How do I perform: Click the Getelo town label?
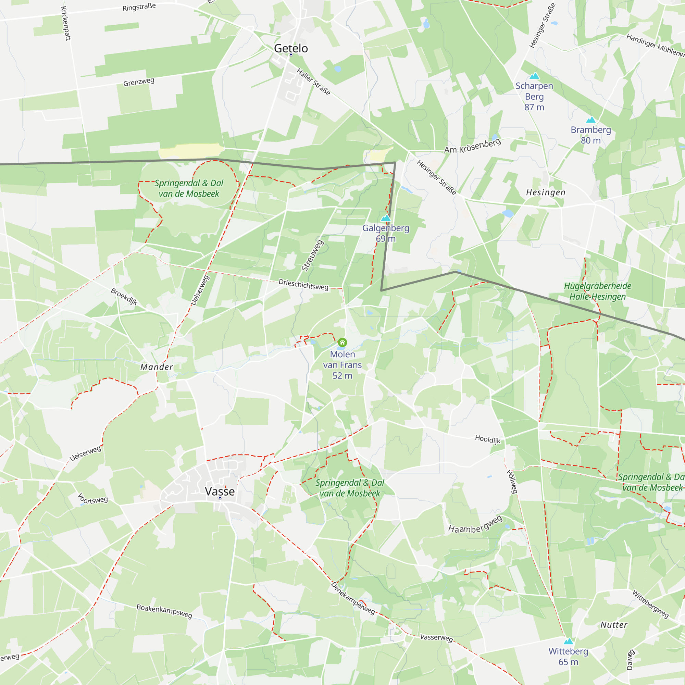pyautogui.click(x=291, y=48)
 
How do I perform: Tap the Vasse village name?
pyautogui.click(x=220, y=491)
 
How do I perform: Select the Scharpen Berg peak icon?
pyautogui.click(x=534, y=76)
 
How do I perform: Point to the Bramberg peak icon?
pyautogui.click(x=591, y=120)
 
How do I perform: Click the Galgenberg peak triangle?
pyautogui.click(x=385, y=218)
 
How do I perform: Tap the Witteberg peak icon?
pyautogui.click(x=568, y=641)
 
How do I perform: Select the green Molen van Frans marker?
pyautogui.click(x=342, y=342)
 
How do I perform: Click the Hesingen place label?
pyautogui.click(x=546, y=192)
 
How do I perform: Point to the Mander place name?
pyautogui.click(x=157, y=367)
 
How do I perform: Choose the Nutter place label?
pyautogui.click(x=614, y=625)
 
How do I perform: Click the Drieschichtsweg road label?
pyautogui.click(x=303, y=284)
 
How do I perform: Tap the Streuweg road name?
pyautogui.click(x=312, y=255)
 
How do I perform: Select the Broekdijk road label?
pyautogui.click(x=124, y=296)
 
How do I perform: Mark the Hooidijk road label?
pyautogui.click(x=488, y=439)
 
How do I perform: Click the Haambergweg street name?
pyautogui.click(x=475, y=525)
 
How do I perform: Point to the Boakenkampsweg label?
pyautogui.click(x=164, y=611)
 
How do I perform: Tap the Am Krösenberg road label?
pyautogui.click(x=472, y=146)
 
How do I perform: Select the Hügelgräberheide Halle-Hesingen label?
pyautogui.click(x=597, y=291)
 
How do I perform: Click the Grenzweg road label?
pyautogui.click(x=139, y=82)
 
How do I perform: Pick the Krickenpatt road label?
pyautogui.click(x=66, y=23)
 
